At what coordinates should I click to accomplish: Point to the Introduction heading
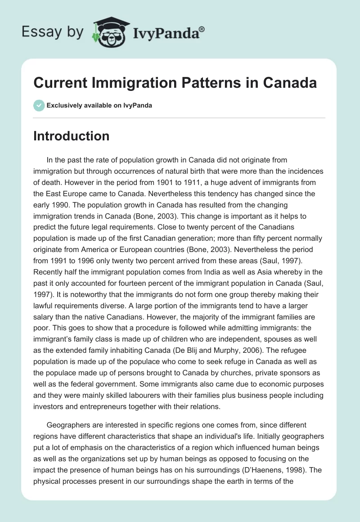click(71, 136)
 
